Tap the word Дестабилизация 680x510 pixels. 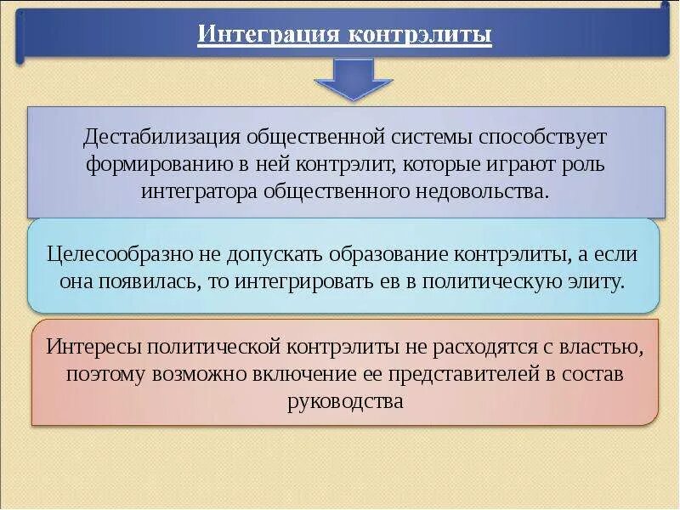[161, 136]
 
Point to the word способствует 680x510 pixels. [542, 136]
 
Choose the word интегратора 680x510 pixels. [201, 190]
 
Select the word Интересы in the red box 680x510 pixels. [93, 347]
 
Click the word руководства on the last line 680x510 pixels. [344, 401]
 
